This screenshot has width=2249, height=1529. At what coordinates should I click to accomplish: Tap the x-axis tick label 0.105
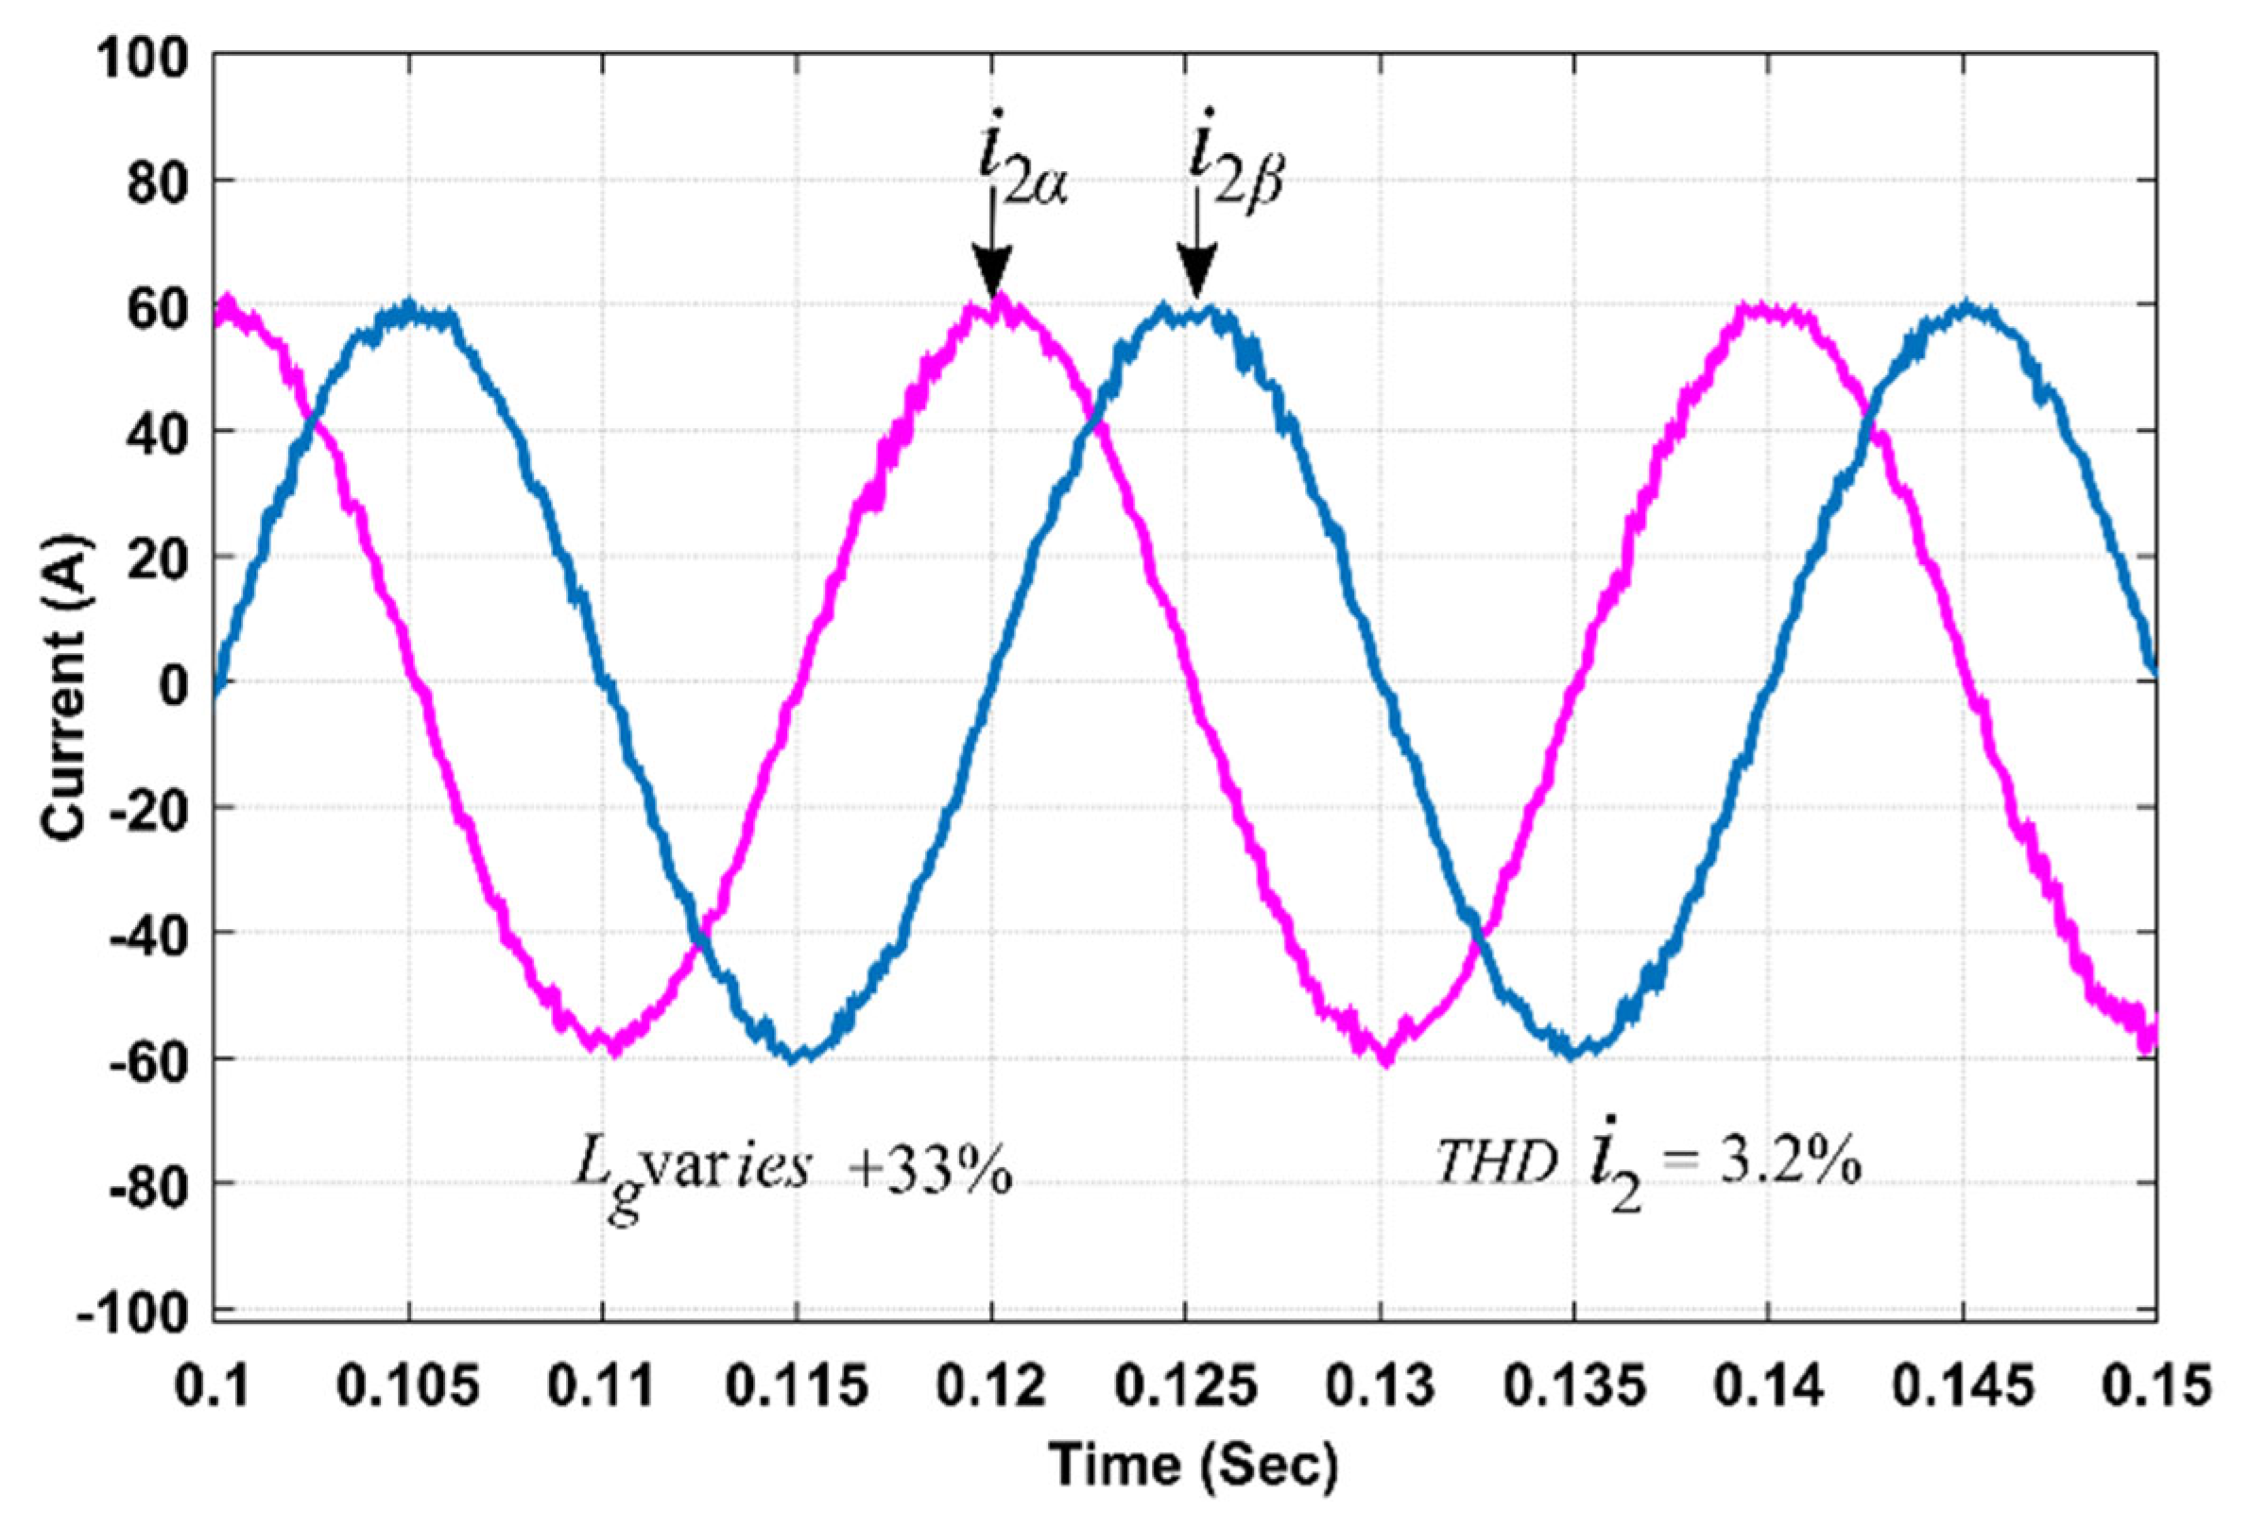[409, 1386]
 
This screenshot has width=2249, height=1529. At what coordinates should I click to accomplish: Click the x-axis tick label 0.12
[991, 1386]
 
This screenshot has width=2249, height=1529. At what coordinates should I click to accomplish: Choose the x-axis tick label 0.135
[1573, 1386]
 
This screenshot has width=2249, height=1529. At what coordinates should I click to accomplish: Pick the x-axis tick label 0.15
[2155, 1386]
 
